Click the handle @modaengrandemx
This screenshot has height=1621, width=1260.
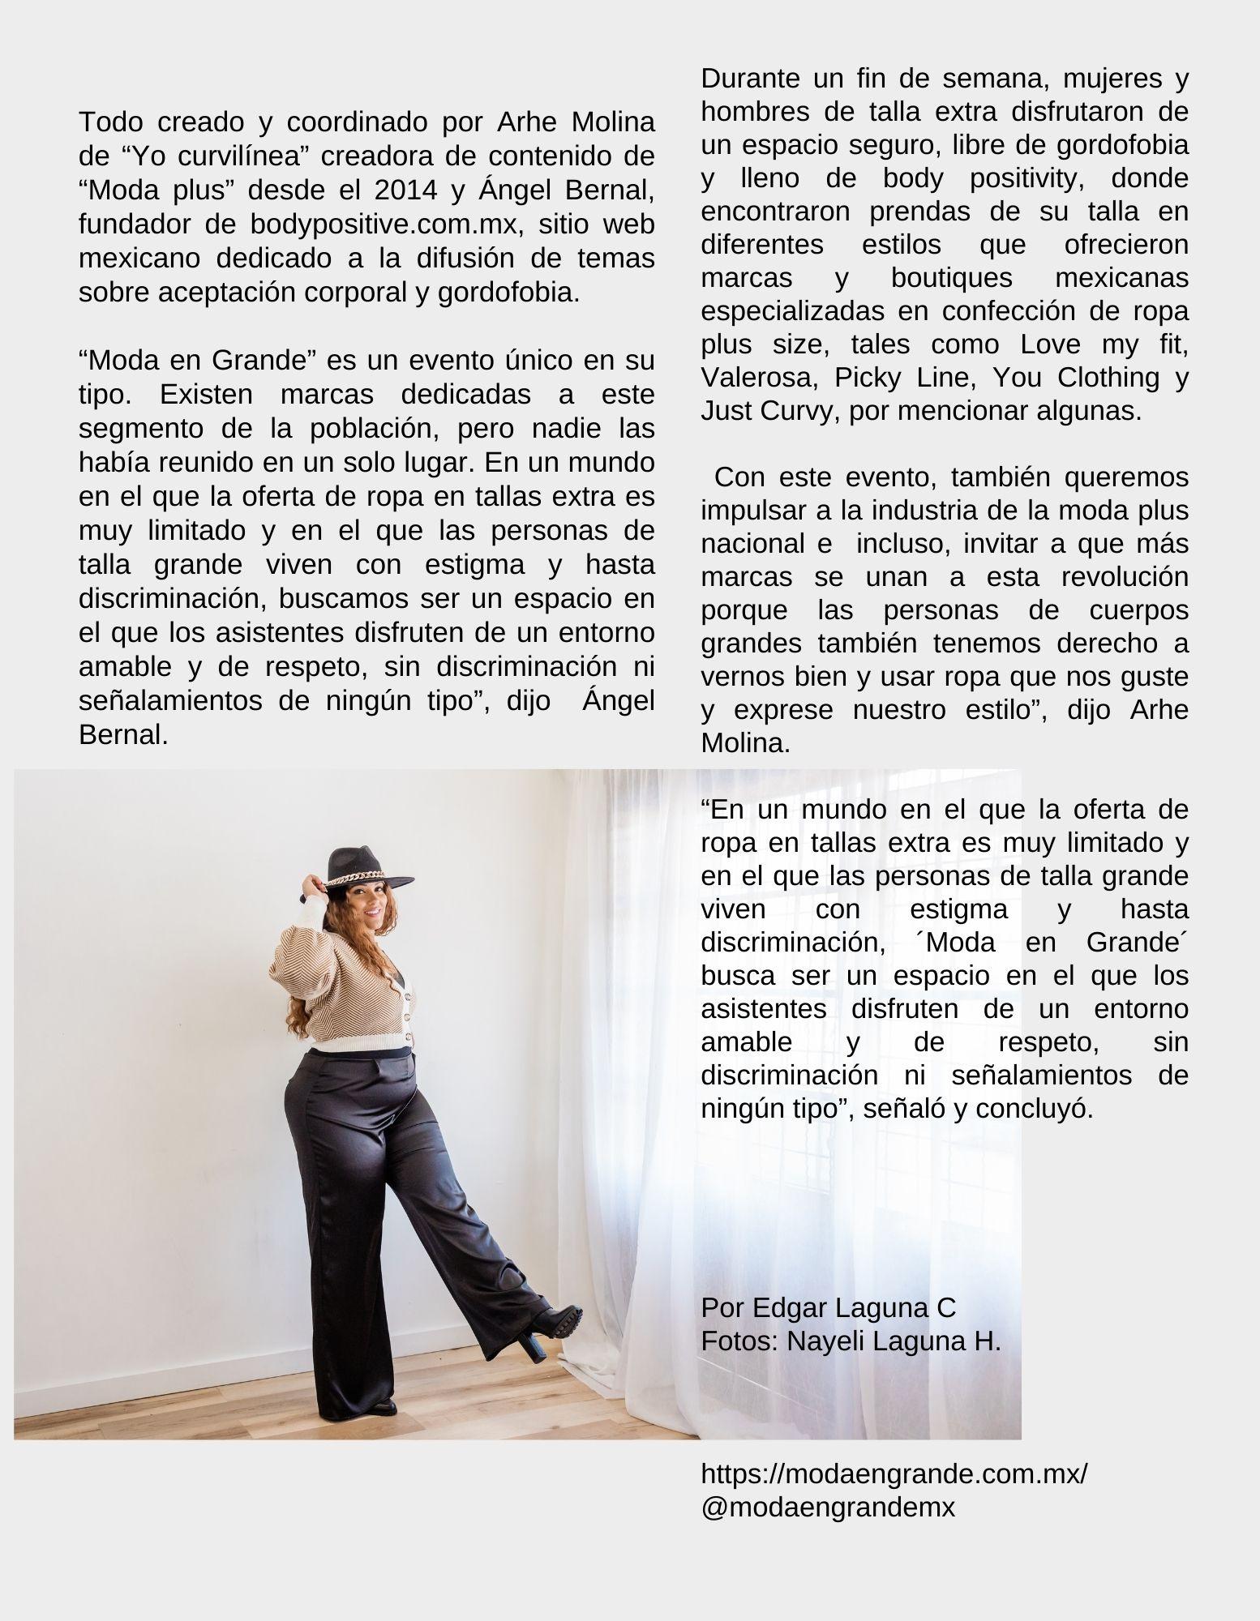(828, 1507)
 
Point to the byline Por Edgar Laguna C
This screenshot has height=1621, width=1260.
(828, 1307)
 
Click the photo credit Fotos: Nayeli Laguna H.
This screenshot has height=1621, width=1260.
(851, 1341)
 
